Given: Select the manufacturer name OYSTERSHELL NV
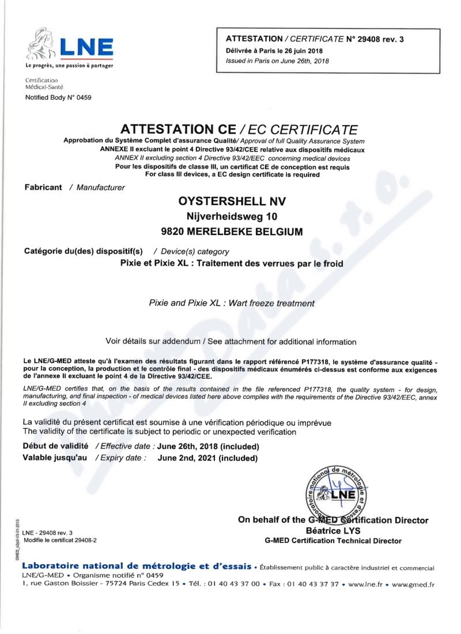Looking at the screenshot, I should click(x=232, y=201).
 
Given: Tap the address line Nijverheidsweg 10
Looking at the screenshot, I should click(x=232, y=217).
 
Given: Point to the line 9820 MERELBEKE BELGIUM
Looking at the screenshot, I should click(x=232, y=232).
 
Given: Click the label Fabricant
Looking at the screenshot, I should click(x=43, y=187).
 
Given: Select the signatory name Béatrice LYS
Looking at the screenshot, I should click(x=333, y=531).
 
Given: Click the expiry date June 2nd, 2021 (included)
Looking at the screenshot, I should click(x=207, y=458).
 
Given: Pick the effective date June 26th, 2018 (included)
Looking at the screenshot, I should click(x=208, y=447).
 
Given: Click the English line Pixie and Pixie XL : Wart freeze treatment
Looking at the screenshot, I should click(x=232, y=302).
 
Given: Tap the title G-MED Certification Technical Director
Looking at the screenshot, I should click(x=333, y=541).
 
